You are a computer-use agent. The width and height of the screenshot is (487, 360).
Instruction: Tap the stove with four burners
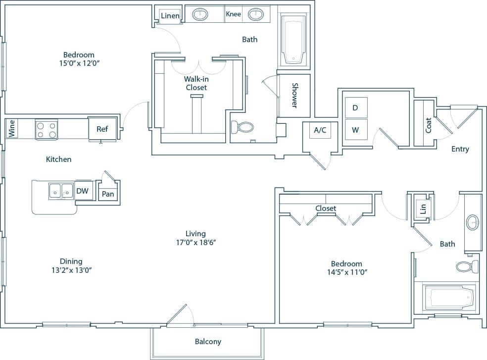47,130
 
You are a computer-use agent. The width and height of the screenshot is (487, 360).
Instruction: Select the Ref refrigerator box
102,129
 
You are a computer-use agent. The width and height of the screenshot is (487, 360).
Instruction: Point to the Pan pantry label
108,194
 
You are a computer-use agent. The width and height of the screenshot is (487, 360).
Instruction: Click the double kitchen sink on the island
61,191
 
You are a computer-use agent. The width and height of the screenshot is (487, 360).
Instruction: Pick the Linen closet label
170,16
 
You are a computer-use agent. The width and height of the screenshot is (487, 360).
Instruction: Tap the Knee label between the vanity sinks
233,14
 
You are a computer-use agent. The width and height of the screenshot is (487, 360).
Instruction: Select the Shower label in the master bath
294,95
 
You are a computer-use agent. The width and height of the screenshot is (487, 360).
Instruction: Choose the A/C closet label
320,130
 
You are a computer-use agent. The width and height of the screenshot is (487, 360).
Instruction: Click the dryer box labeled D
355,108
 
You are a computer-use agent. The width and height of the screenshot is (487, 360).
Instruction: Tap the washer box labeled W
355,130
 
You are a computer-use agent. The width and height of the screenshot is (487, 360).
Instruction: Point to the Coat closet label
428,125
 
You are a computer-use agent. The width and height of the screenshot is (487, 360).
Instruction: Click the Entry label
460,149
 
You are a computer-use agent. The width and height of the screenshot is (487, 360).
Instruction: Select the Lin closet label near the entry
423,208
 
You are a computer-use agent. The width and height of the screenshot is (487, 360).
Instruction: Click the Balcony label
207,342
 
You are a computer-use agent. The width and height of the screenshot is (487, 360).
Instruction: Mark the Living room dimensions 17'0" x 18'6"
195,243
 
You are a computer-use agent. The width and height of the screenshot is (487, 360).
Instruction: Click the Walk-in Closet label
196,83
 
